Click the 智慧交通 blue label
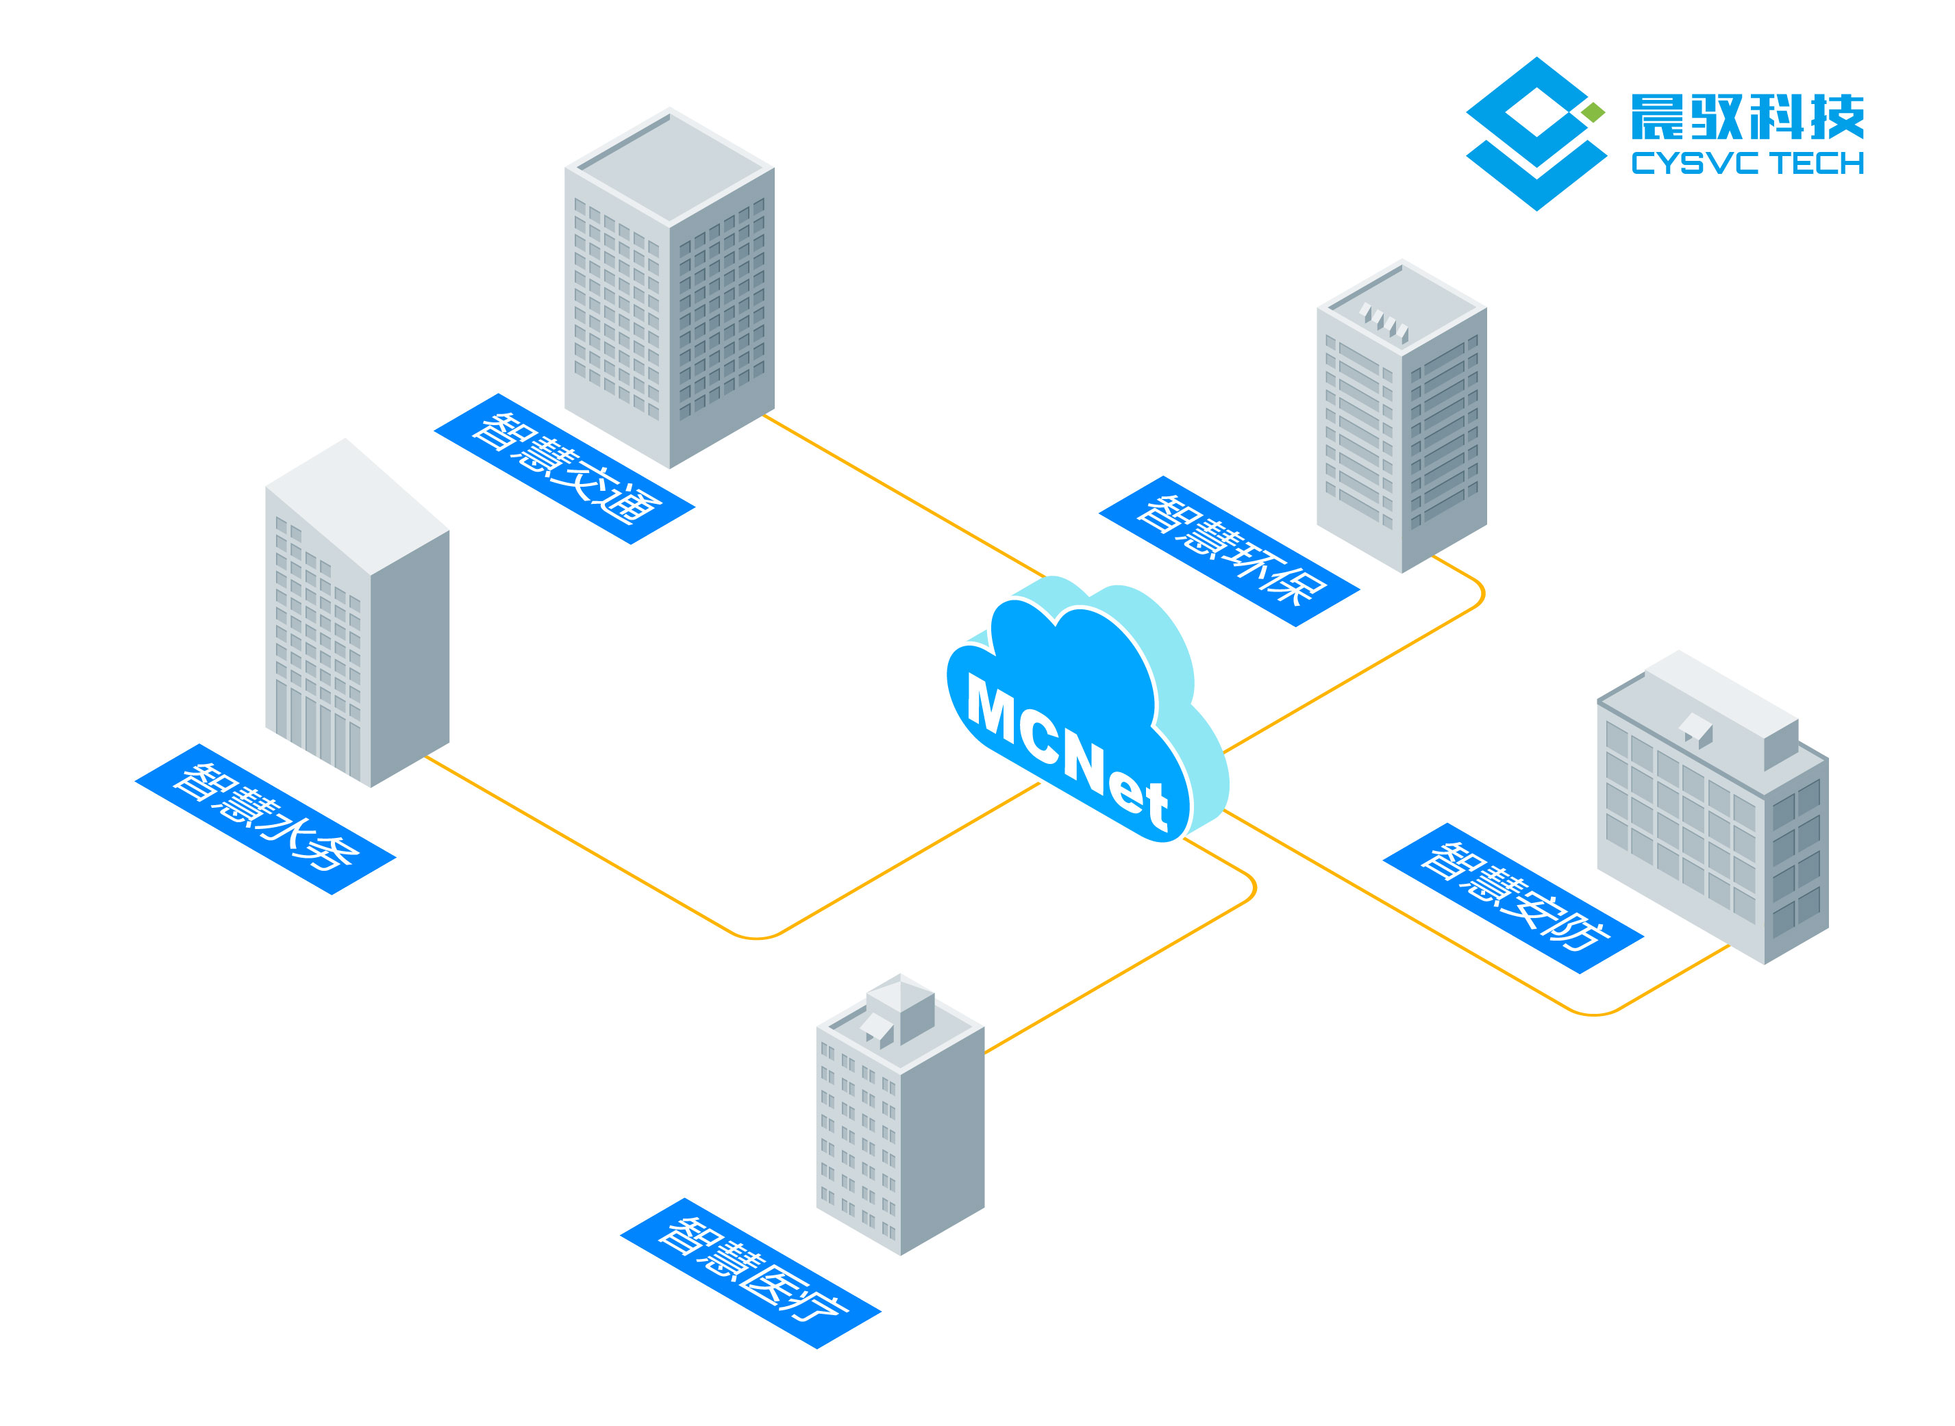click(564, 469)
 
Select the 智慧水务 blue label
click(265, 818)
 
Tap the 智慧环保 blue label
click(1228, 550)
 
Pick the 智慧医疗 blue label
click(749, 1273)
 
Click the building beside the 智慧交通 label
click(669, 289)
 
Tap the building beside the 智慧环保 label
click(1401, 414)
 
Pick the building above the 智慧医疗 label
click(900, 1122)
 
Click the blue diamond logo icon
click(1533, 133)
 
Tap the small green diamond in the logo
click(1593, 112)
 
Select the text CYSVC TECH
click(1746, 163)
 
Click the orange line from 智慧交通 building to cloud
click(902, 496)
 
